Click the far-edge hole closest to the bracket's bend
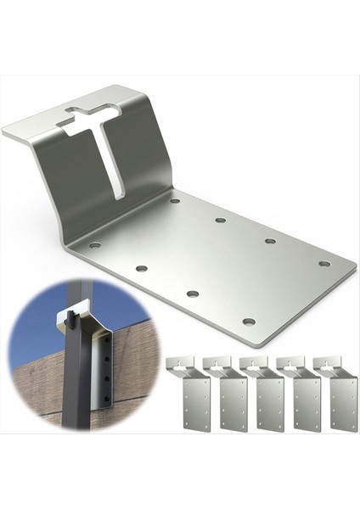pos(174,201)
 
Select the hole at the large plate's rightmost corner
pos(324,264)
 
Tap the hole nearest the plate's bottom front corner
pos(248,322)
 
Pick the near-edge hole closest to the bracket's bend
pos(94,245)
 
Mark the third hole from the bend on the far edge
pos(270,241)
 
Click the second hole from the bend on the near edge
pos(141,268)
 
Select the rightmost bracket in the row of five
pos(340,394)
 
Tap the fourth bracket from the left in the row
pos(303,394)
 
